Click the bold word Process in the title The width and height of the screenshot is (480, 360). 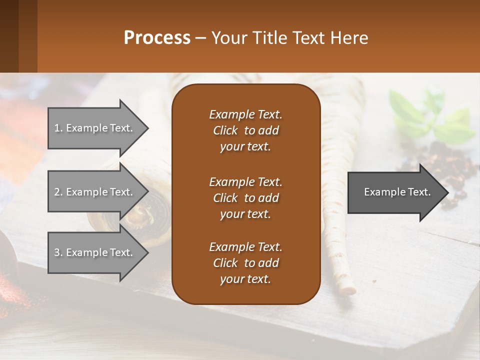pyautogui.click(x=157, y=38)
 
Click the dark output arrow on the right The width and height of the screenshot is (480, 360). pyautogui.click(x=395, y=192)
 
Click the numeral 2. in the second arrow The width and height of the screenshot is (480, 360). pyautogui.click(x=58, y=192)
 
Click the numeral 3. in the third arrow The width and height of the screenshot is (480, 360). pyautogui.click(x=58, y=252)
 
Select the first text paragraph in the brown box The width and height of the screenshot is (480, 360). pyautogui.click(x=245, y=130)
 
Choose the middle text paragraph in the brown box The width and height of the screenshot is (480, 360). pyautogui.click(x=245, y=197)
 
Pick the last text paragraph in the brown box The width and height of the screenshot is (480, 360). pyautogui.click(x=245, y=263)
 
